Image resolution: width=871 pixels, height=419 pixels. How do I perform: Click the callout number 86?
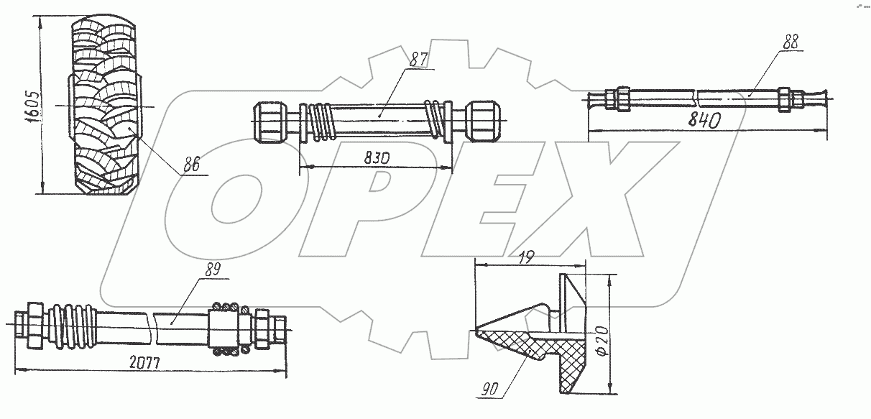191,165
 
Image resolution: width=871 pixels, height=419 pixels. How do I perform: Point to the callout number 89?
213,270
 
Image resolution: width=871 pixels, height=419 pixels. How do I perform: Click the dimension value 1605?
32,106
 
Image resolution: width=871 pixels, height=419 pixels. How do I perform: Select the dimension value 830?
377,158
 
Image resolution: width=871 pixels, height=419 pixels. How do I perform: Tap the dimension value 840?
704,120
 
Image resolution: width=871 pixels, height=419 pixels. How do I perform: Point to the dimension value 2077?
144,363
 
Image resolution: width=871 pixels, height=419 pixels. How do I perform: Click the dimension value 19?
526,258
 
